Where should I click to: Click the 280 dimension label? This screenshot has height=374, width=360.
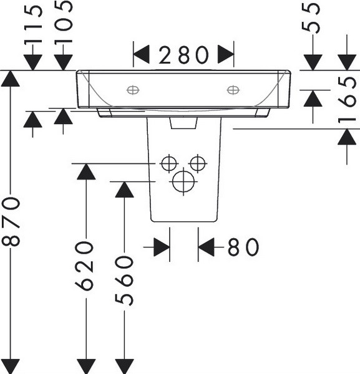183,55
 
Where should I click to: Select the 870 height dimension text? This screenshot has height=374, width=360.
11,221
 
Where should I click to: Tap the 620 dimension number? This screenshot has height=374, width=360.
84,266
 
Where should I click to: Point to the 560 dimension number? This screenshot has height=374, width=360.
124,280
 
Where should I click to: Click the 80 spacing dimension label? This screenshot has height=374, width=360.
243,247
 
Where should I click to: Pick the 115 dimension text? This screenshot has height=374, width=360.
33,24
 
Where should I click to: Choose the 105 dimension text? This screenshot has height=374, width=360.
63,22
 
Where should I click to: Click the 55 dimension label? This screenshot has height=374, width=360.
311,18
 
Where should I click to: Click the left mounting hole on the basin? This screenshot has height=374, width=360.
133,90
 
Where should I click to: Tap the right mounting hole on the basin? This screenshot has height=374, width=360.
233,90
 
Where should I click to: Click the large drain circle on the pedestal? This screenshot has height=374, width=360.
183,181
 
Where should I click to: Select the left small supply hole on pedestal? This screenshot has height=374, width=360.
169,163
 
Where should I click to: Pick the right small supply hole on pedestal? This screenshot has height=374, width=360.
198,163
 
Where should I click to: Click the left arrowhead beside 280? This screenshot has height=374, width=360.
141,55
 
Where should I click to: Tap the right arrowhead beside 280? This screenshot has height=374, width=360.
226,54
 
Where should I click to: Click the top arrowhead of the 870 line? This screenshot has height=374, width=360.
10,79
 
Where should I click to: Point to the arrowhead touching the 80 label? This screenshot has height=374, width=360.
207,247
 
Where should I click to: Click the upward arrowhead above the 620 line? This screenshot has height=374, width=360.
86,172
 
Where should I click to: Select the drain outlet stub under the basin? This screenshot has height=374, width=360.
183,123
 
